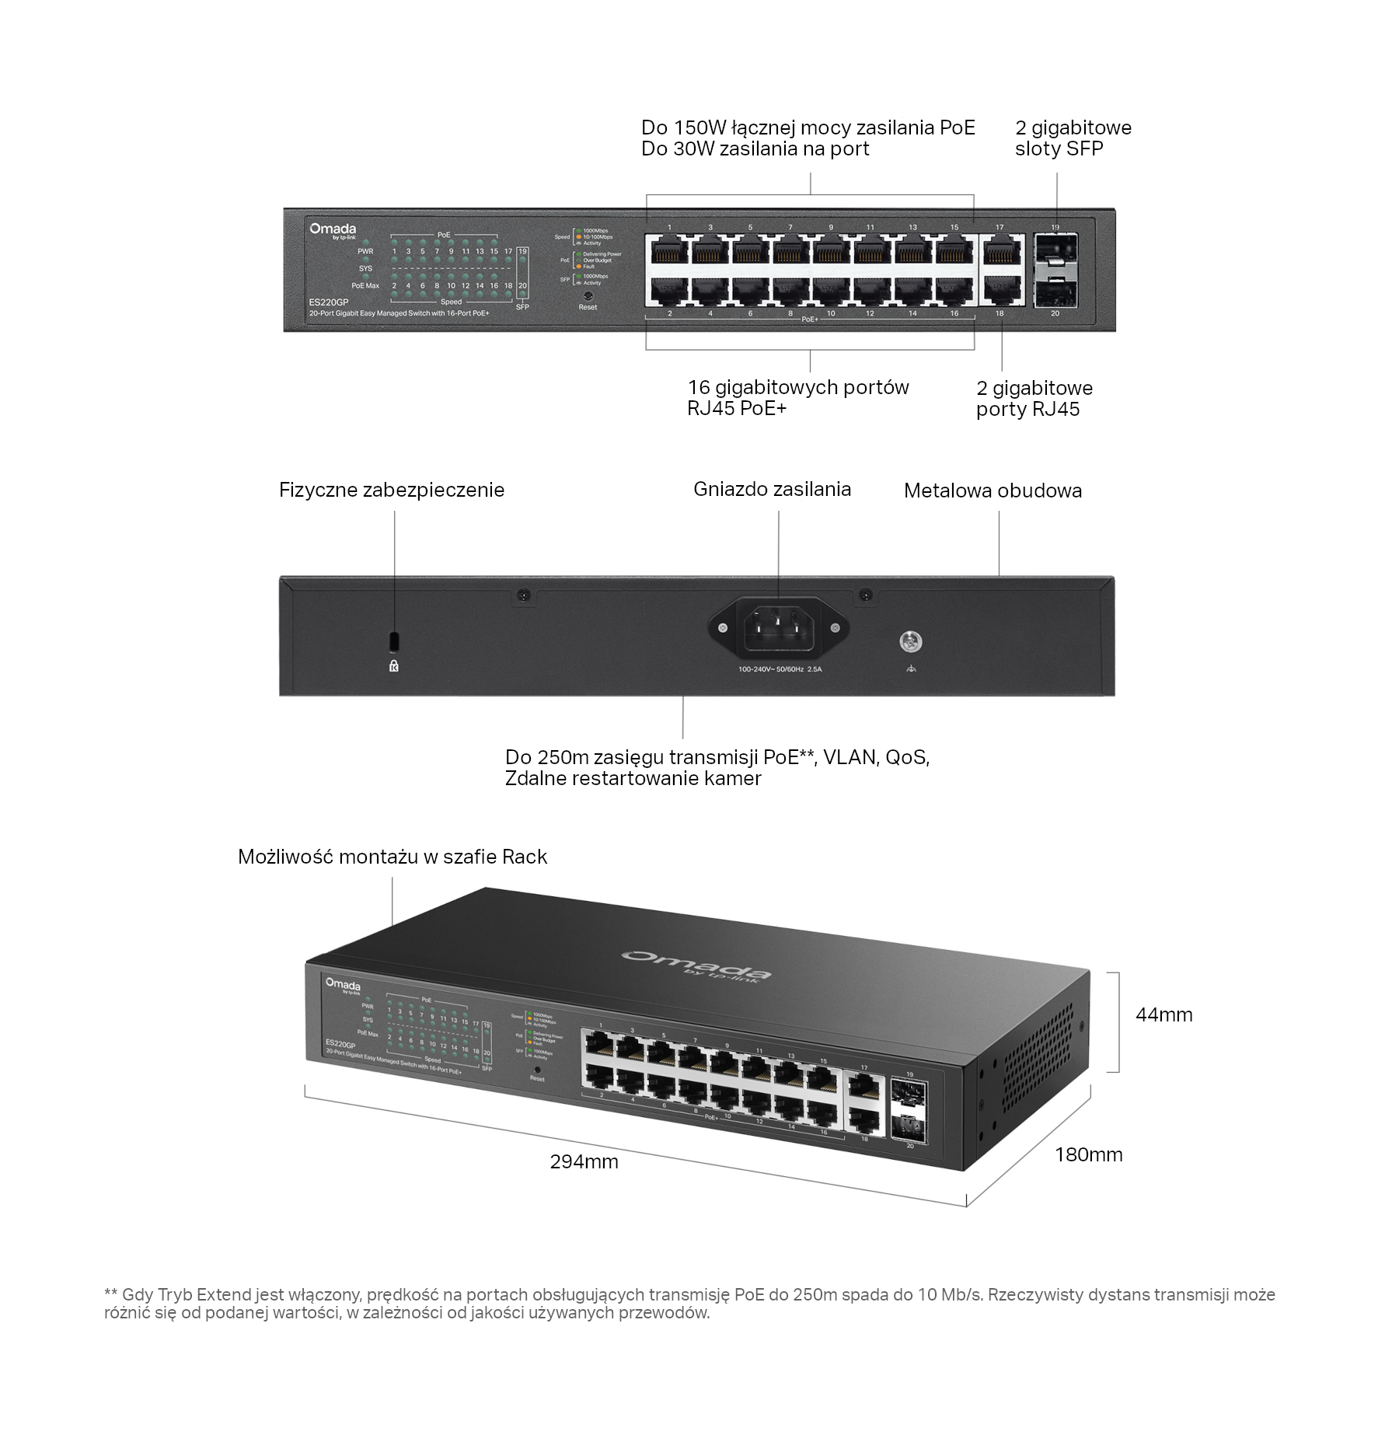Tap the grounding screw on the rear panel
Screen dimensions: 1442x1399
coord(910,642)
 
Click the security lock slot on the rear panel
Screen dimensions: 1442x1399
coord(394,641)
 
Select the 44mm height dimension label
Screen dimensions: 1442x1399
coord(1164,1014)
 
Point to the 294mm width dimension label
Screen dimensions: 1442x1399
coord(584,1161)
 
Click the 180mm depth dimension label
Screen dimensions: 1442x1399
coord(1088,1154)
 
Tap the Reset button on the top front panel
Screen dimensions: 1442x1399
coord(588,295)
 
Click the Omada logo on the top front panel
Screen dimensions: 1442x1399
coord(333,229)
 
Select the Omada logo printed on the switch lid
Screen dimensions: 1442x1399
coord(696,965)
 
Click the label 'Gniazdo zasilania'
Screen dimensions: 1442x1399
coord(772,489)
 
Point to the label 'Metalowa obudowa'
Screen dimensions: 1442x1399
coord(993,491)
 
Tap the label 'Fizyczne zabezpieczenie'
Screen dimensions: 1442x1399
coord(392,490)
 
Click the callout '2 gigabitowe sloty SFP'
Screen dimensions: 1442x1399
coord(1073,138)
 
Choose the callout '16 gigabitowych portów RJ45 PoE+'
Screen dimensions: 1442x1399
coord(797,397)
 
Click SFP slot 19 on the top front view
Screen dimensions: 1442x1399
coord(1055,250)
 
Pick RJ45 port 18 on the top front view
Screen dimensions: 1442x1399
coord(1000,290)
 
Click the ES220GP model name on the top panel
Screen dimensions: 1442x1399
coord(328,302)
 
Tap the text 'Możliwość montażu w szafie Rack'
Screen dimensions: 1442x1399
coord(392,857)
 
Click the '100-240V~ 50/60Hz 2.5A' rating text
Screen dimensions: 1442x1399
coord(780,669)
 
